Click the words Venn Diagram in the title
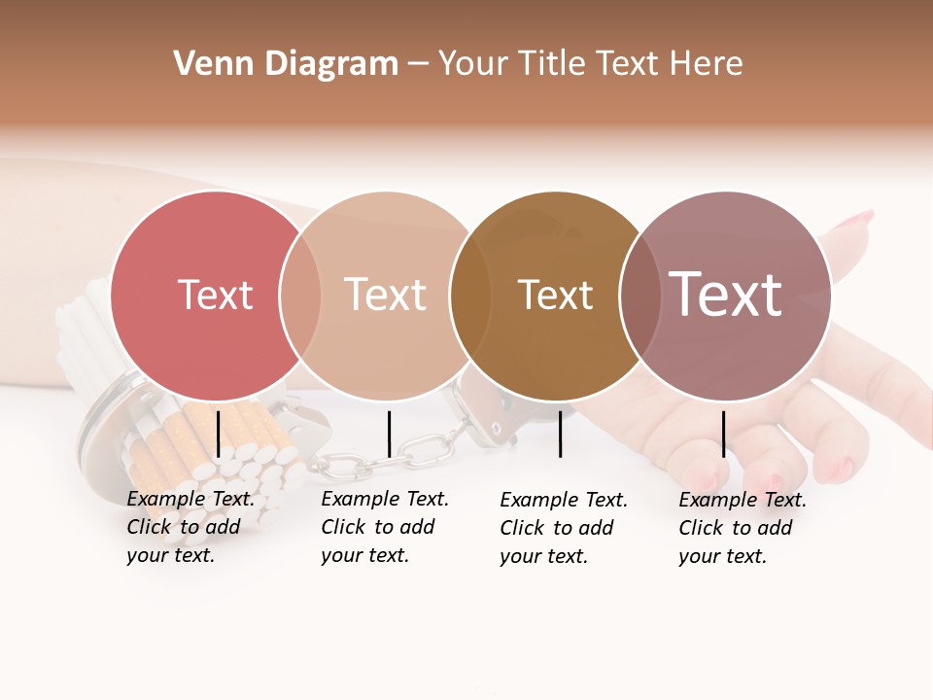pos(286,64)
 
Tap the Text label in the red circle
pos(215,295)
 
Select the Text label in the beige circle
pos(385,295)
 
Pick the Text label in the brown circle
pos(555,296)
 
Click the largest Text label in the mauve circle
pos(725,295)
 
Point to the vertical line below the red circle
pos(218,433)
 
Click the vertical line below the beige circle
pos(389,434)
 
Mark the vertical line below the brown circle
pos(560,434)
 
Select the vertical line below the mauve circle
pos(723,434)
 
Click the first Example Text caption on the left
pos(190,527)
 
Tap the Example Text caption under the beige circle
pos(385,527)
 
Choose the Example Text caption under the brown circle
pos(564,528)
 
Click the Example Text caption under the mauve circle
pos(743,528)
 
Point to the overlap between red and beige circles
pos(300,296)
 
